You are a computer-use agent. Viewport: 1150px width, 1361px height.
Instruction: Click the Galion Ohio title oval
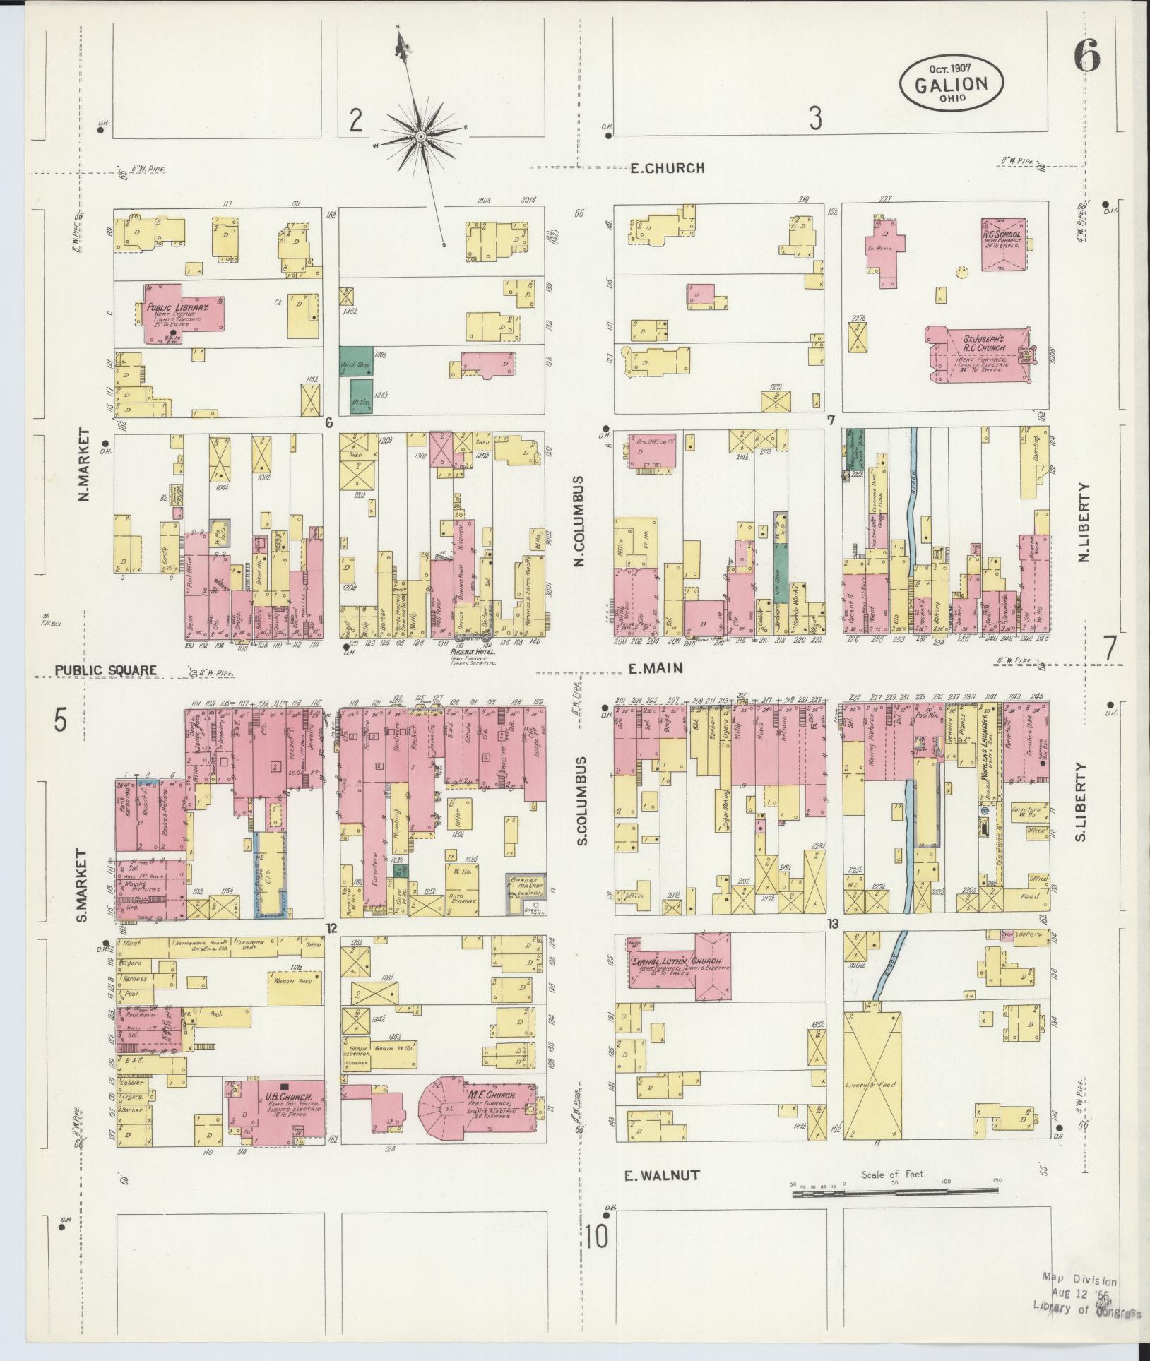(x=951, y=83)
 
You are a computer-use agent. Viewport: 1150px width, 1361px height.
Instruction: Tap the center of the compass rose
(x=420, y=136)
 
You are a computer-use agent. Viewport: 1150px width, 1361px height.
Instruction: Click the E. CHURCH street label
(x=667, y=168)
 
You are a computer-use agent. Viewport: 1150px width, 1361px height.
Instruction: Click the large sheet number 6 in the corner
(x=1086, y=55)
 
